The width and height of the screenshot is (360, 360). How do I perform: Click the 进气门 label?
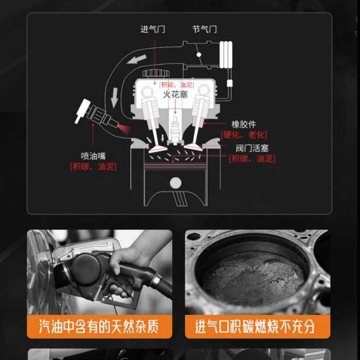[x=153, y=29]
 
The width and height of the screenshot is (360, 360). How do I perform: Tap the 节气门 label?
[x=204, y=29]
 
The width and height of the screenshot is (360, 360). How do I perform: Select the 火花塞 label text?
[x=176, y=95]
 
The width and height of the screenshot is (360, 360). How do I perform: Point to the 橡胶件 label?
[x=244, y=125]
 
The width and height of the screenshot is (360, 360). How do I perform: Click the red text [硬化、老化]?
[x=244, y=135]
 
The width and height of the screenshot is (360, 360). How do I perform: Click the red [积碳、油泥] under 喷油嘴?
[x=93, y=167]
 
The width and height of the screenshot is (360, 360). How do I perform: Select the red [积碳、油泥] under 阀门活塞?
[x=252, y=159]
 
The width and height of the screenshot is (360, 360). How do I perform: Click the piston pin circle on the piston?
[x=175, y=183]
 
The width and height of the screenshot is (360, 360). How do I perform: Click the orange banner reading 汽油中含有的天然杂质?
[x=99, y=327]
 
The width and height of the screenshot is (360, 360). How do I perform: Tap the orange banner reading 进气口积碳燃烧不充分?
[x=257, y=327]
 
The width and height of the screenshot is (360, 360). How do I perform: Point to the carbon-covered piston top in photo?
[x=252, y=277]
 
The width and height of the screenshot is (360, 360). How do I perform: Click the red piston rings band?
[x=175, y=166]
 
